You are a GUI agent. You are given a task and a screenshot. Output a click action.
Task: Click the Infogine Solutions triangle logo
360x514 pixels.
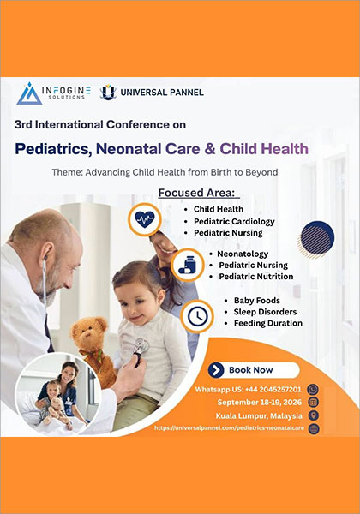29,93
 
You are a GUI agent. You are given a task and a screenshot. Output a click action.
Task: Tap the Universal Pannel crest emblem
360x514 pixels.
107,93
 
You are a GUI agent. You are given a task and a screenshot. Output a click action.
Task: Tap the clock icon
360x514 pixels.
197,315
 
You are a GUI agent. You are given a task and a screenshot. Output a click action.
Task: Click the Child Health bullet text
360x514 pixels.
218,209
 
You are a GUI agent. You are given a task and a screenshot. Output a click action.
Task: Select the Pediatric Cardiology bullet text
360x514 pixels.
234,221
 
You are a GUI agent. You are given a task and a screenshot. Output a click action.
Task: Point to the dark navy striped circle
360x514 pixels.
319,237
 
